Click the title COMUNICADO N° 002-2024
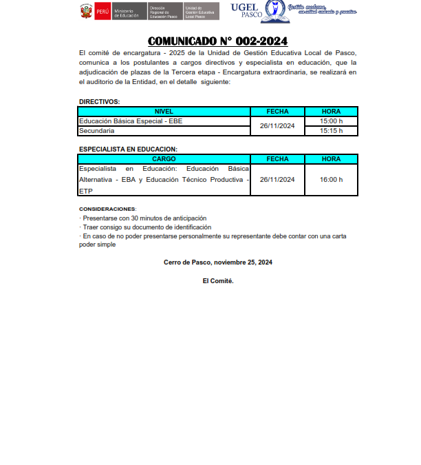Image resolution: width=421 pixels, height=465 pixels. click(x=217, y=41)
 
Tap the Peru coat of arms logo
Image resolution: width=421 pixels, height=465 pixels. click(x=86, y=12)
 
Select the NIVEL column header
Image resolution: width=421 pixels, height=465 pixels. click(x=164, y=112)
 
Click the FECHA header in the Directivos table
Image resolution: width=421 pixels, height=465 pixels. click(x=277, y=112)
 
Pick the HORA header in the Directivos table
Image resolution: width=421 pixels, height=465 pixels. click(x=331, y=112)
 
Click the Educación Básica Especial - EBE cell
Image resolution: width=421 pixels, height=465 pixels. click(x=131, y=121)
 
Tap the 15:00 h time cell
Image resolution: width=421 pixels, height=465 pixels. click(x=331, y=121)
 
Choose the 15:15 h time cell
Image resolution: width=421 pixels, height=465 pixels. click(x=331, y=131)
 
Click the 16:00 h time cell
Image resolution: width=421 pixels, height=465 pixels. click(x=331, y=180)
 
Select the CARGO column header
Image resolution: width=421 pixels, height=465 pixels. click(x=164, y=159)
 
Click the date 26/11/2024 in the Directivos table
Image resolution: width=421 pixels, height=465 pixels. click(x=277, y=126)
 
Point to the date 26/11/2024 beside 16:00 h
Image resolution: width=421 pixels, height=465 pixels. click(x=277, y=180)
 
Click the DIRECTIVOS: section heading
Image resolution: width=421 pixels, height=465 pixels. click(x=99, y=102)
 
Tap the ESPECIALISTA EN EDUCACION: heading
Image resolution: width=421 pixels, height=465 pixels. click(x=128, y=149)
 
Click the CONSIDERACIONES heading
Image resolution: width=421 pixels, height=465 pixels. click(x=107, y=209)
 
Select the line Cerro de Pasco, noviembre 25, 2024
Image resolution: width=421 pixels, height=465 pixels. click(x=218, y=262)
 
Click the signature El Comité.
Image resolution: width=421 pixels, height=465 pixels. click(x=218, y=281)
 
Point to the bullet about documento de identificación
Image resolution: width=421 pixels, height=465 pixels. click(x=147, y=227)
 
